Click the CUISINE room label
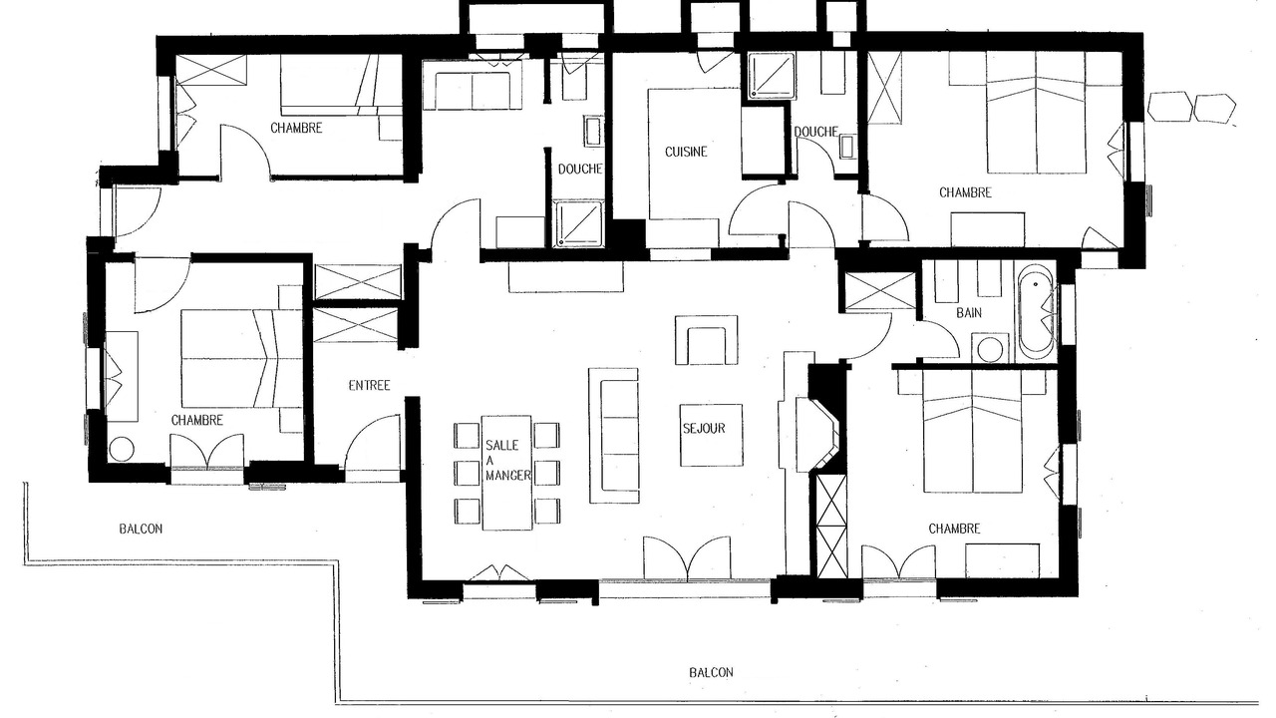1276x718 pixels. click(x=686, y=152)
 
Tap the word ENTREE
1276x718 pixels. click(x=369, y=386)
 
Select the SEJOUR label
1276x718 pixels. click(x=704, y=429)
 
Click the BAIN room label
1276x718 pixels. click(x=969, y=313)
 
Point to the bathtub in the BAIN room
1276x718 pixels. click(x=1037, y=312)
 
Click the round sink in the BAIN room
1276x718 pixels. click(x=991, y=348)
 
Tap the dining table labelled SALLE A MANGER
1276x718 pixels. click(x=506, y=473)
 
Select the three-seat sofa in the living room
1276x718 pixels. click(x=613, y=436)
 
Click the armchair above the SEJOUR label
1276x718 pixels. click(x=707, y=340)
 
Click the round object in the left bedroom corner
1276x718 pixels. click(x=122, y=449)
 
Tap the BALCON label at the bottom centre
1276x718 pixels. click(x=711, y=672)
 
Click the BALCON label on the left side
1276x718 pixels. click(x=141, y=529)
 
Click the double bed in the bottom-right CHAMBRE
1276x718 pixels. click(x=972, y=432)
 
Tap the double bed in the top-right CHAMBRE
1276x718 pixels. click(x=1036, y=113)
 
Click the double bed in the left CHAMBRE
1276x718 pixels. click(x=241, y=358)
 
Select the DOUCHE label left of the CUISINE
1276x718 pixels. click(x=580, y=170)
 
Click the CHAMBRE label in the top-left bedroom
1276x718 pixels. click(x=296, y=129)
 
